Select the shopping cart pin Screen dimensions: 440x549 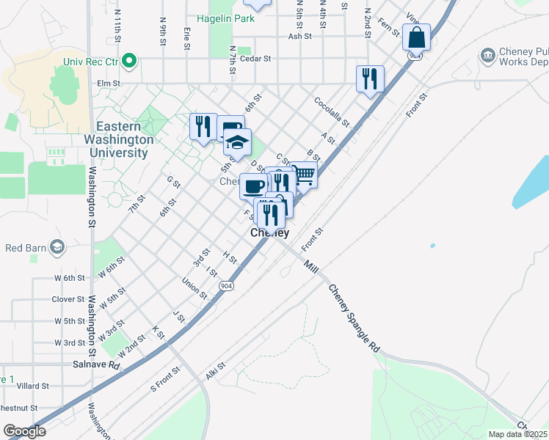[303, 175]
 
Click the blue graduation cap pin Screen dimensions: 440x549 [237, 141]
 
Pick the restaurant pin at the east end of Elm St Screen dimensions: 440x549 [370, 78]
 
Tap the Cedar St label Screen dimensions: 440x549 [255, 58]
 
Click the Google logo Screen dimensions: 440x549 [24, 431]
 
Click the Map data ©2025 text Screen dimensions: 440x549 [518, 434]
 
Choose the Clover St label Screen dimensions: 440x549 [68, 299]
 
